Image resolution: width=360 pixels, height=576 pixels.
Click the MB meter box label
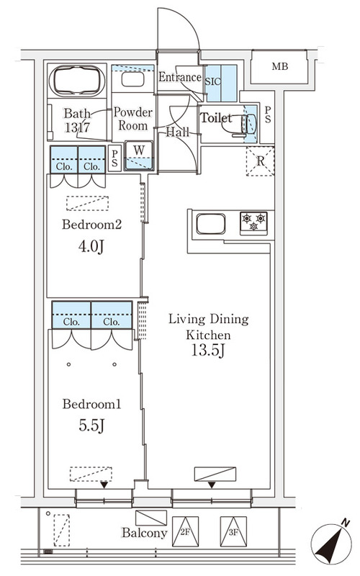280,66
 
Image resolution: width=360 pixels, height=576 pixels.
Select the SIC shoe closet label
212,81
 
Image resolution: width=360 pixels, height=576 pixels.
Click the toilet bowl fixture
246,125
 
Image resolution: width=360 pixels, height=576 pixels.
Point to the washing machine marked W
139,156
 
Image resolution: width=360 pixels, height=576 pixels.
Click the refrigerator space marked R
260,161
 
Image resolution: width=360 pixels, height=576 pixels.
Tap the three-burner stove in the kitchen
254,222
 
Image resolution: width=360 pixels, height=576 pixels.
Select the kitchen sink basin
211,224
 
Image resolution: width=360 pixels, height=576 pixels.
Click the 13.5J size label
208,351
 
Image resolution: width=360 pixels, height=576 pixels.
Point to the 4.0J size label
91,246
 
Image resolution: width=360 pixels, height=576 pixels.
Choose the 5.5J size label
91,426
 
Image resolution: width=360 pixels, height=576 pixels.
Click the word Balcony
145,533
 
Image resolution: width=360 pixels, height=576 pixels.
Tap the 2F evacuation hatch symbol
185,531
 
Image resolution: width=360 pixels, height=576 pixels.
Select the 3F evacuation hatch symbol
233,531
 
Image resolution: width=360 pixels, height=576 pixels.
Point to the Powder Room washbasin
132,79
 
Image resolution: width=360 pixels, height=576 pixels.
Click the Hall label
177,132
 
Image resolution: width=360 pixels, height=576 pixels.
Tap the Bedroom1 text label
91,404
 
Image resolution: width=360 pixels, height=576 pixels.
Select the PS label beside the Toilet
268,114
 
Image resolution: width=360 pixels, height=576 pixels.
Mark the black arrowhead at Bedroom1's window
104,485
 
